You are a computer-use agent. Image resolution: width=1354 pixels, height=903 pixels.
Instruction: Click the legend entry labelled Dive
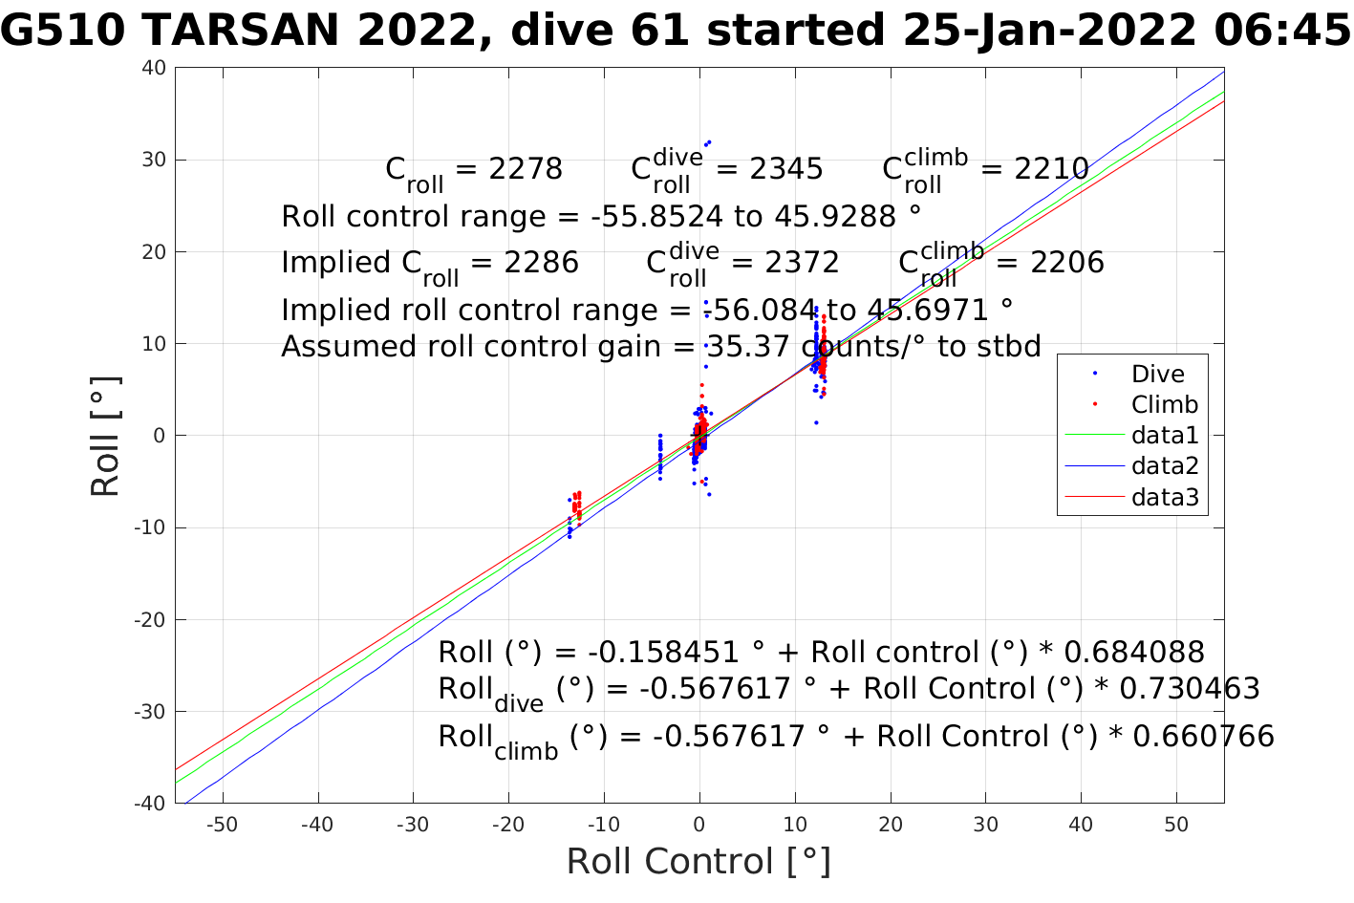pyautogui.click(x=1157, y=375)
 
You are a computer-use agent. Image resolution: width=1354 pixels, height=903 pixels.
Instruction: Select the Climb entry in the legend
pyautogui.click(x=1164, y=405)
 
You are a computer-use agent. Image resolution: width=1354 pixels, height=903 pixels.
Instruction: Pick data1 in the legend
pyautogui.click(x=1164, y=436)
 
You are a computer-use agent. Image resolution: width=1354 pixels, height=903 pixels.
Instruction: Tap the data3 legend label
pyautogui.click(x=1164, y=497)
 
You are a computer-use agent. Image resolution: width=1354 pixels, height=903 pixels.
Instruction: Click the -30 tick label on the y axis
pyautogui.click(x=151, y=712)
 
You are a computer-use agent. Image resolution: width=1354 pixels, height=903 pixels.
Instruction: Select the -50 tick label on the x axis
pyautogui.click(x=222, y=826)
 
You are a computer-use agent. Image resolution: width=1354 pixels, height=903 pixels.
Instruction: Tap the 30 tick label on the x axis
pyautogui.click(x=985, y=826)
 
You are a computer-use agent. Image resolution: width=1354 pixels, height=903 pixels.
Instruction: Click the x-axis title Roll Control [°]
pyautogui.click(x=698, y=862)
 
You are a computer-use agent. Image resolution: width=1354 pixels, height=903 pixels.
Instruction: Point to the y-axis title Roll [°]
pyautogui.click(x=105, y=436)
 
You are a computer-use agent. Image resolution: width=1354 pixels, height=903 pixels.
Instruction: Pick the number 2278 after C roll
pyautogui.click(x=525, y=169)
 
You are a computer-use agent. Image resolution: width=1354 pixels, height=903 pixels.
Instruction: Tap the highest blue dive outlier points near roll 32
pyautogui.click(x=707, y=142)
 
